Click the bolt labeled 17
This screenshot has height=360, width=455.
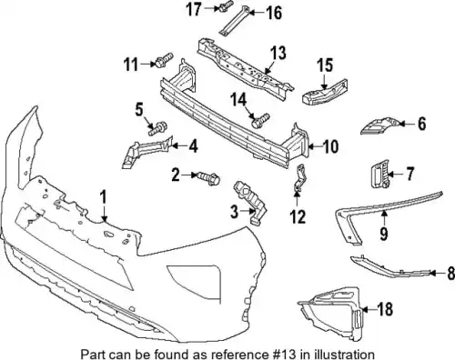point(225,5)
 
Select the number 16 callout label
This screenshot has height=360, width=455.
point(274,13)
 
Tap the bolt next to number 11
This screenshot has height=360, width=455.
point(164,60)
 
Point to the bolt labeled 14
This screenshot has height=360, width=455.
point(260,120)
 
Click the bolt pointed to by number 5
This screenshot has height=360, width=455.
point(157,128)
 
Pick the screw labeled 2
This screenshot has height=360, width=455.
point(209,178)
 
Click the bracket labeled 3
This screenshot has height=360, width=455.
point(250,202)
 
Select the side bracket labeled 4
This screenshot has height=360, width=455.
point(147,152)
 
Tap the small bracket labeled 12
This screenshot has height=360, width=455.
point(300,178)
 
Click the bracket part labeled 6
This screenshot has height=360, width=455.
point(379,125)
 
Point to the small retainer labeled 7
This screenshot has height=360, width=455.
point(380,173)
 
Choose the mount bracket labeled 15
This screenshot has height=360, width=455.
point(325,93)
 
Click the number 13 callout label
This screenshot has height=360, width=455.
point(278,53)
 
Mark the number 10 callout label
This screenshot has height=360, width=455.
point(330,147)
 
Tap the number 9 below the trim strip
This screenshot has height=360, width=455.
point(384,234)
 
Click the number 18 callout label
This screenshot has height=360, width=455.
point(385,309)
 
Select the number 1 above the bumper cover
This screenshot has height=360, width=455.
point(104,197)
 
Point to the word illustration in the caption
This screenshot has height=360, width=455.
point(344,354)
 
